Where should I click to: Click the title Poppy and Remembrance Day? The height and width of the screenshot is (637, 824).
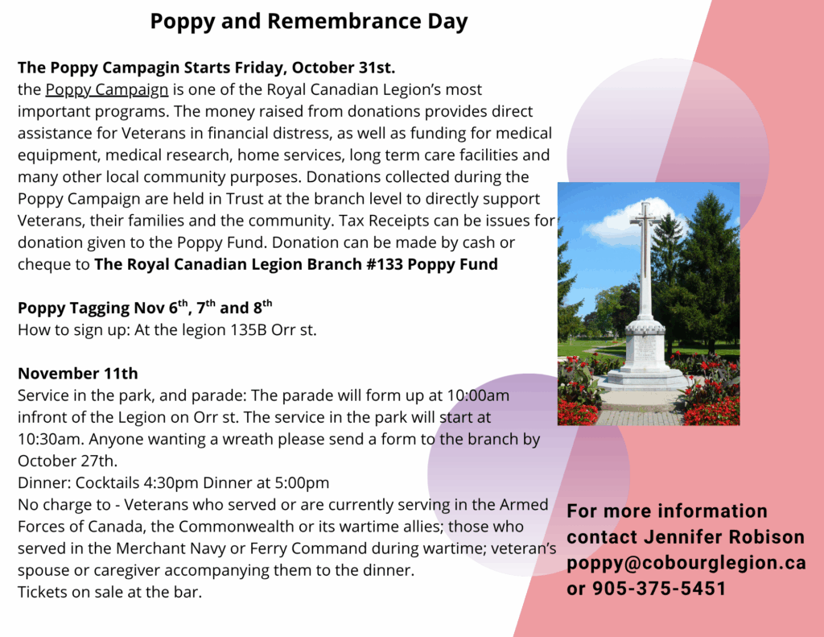coord(308,22)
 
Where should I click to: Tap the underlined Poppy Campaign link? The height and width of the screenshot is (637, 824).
coord(107,89)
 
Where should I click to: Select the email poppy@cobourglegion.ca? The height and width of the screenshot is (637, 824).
coord(686,563)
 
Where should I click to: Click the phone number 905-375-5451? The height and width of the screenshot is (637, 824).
coord(659,589)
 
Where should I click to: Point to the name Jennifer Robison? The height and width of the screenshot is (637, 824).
coord(723,537)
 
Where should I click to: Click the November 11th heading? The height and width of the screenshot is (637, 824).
coord(78,374)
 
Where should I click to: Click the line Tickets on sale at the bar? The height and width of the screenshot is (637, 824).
coord(109,592)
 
